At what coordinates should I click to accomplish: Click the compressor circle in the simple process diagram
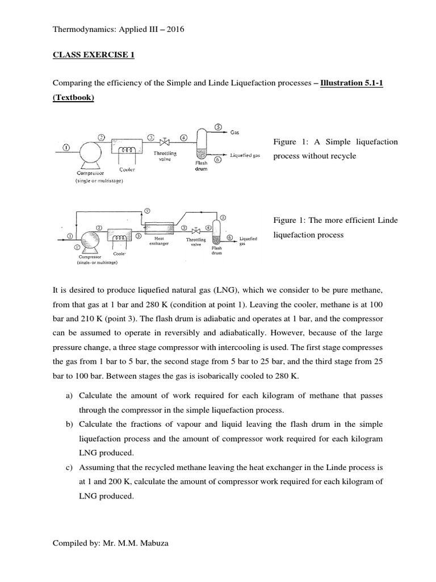click(x=90, y=152)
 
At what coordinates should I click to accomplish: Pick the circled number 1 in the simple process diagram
click(x=66, y=148)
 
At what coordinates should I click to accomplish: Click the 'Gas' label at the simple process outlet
click(x=234, y=132)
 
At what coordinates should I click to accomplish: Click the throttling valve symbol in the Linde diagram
click(x=196, y=231)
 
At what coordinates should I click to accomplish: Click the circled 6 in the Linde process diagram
click(x=229, y=237)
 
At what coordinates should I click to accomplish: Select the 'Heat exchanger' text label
click(x=156, y=242)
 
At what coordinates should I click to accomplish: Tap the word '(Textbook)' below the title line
click(x=73, y=97)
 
